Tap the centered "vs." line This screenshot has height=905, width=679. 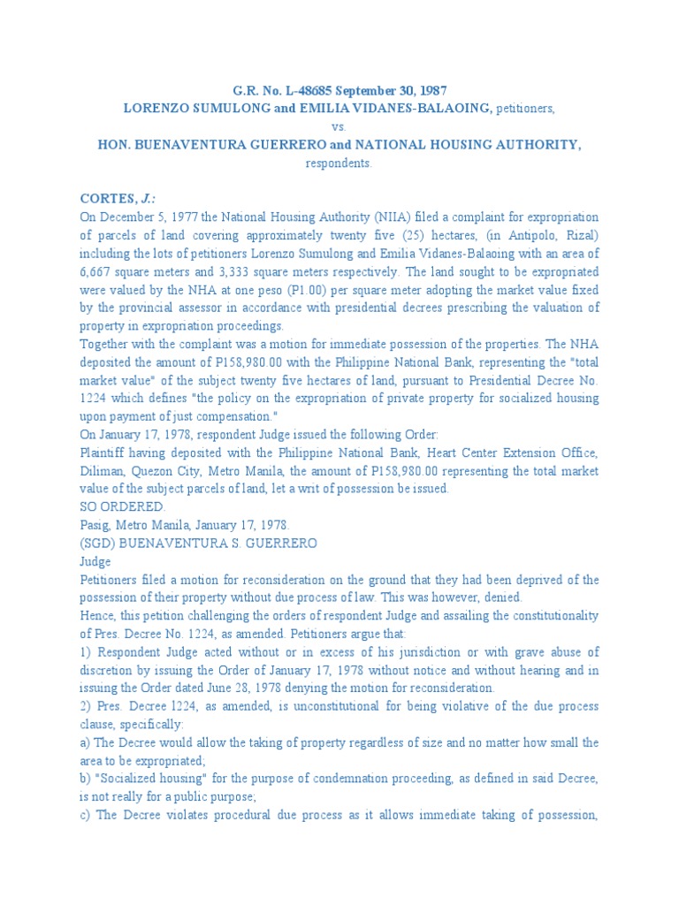pyautogui.click(x=339, y=126)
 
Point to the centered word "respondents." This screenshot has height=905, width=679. pyautogui.click(x=339, y=164)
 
